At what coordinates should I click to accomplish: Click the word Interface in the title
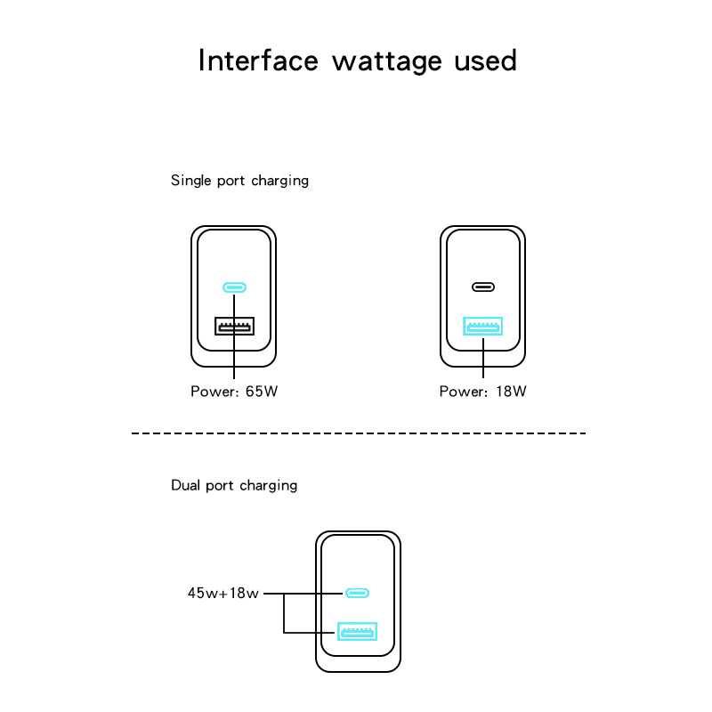coord(257,61)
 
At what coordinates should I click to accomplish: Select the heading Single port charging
coord(239,181)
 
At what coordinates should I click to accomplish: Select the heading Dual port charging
coord(234,486)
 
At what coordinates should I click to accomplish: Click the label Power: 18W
coord(483,391)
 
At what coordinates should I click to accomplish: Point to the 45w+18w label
coord(222,593)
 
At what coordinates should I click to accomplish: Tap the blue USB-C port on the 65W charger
coord(234,287)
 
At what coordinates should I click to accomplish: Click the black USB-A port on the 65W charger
coord(234,327)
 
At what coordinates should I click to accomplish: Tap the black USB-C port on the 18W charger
coord(483,287)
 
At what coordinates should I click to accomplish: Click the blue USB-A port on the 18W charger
coord(483,327)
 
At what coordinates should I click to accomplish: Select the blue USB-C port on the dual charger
coord(358,593)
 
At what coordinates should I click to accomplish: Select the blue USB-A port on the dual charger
coord(358,632)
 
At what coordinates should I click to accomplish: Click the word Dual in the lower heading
coord(186,486)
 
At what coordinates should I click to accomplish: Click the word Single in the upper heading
coord(191,181)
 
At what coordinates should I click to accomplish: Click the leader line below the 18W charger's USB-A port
coord(483,359)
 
